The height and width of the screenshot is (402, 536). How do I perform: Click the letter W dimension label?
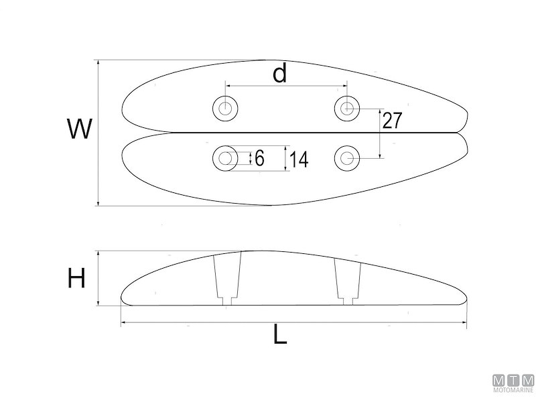click(x=79, y=129)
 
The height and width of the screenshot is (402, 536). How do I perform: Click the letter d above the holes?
click(x=279, y=74)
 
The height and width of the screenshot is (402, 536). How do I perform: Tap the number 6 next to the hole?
click(x=260, y=158)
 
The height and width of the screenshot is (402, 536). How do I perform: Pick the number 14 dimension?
click(x=299, y=159)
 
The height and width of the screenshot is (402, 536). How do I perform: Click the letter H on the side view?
click(x=76, y=277)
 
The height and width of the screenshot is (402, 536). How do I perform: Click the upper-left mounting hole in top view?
click(x=224, y=108)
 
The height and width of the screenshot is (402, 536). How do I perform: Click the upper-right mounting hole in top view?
click(x=346, y=107)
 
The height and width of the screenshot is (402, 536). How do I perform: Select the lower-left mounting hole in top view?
click(x=224, y=158)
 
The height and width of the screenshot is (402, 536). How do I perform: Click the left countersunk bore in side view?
click(x=226, y=279)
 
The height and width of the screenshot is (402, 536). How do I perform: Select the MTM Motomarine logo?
click(x=513, y=383)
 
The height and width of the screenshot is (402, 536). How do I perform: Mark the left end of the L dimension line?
click(x=121, y=324)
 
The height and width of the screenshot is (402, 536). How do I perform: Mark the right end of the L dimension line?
click(x=467, y=324)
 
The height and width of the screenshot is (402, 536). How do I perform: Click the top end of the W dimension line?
click(x=98, y=61)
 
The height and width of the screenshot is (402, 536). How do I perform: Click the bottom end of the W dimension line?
click(x=98, y=205)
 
